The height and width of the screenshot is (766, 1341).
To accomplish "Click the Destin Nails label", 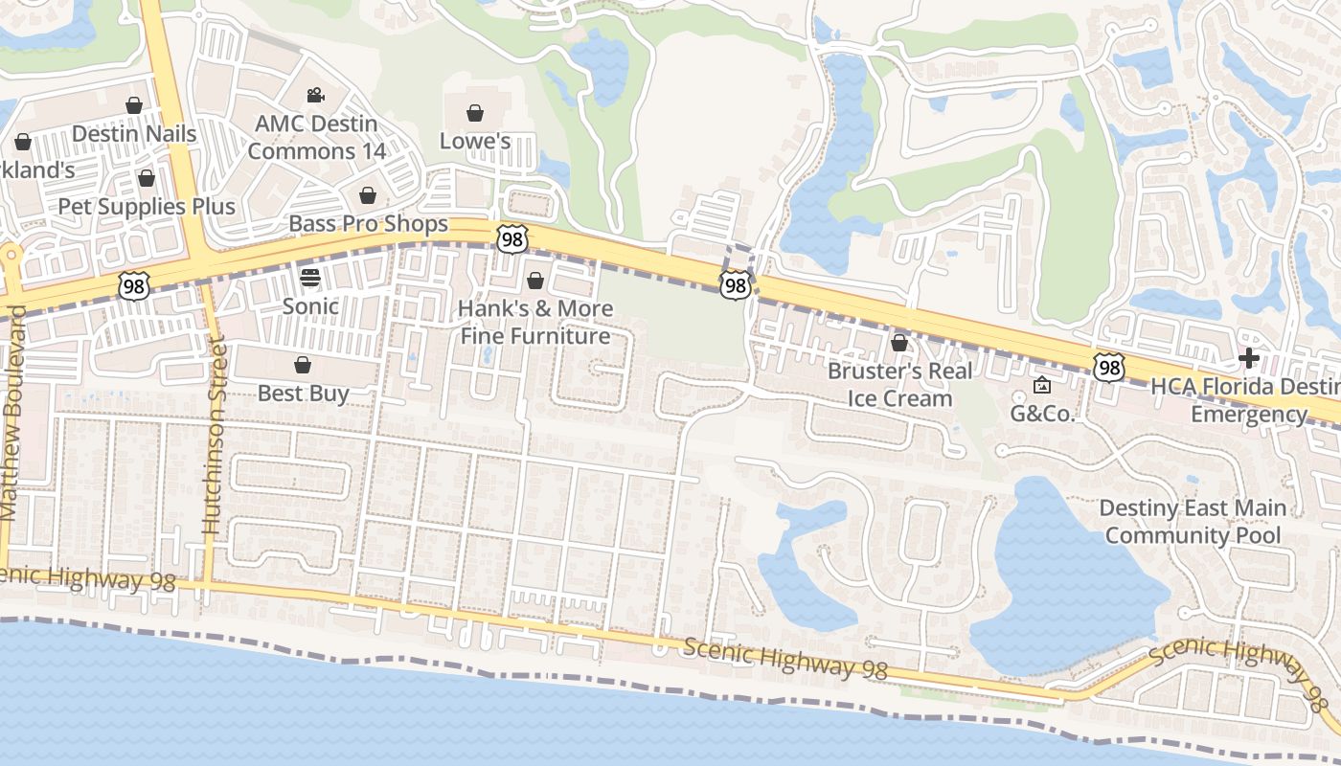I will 134,133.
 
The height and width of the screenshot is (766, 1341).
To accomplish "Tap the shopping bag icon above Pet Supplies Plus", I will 147,178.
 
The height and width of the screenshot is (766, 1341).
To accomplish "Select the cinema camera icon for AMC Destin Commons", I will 315,95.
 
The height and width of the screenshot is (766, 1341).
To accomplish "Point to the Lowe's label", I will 474,141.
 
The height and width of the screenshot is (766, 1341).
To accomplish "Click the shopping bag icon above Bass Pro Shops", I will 368,195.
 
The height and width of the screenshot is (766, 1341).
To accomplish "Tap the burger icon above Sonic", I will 310,278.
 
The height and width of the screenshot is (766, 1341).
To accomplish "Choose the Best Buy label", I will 303,393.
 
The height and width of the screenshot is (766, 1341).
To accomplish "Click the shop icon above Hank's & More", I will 535,281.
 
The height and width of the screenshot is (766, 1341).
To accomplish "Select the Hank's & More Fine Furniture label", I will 535,322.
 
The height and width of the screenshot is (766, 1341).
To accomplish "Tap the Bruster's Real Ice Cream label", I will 899,384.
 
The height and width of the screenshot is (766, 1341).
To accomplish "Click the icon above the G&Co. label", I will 1042,386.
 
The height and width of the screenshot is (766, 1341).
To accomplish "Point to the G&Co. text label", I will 1043,415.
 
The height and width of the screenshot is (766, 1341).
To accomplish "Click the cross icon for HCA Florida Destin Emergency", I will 1248,359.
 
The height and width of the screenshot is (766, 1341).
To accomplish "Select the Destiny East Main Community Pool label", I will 1193,521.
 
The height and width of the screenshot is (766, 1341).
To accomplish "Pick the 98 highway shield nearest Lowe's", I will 511,239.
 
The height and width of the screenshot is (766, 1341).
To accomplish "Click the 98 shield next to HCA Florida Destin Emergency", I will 1109,367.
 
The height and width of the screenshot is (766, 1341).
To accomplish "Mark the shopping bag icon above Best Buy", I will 303,365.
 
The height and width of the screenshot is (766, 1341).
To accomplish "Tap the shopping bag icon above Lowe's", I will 474,113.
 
